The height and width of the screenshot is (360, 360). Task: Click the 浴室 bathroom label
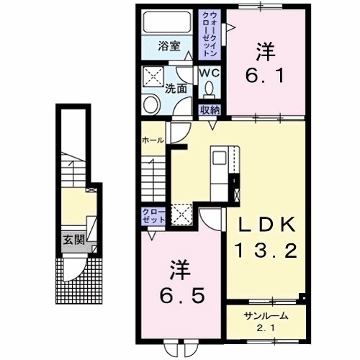tap(169, 45)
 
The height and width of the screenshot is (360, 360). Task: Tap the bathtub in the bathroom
tap(168, 22)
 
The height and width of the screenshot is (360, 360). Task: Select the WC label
tap(210, 73)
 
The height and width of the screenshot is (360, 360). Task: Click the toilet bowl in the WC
tap(210, 89)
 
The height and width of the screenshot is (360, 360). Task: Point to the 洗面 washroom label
tap(176, 89)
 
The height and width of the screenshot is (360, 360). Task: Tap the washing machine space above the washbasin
tap(153, 76)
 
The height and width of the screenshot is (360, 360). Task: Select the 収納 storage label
tap(210, 110)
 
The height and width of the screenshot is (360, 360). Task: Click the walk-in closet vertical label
tap(210, 35)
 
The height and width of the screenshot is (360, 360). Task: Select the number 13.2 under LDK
tap(266, 250)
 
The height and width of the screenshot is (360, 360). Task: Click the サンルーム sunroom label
tap(266, 316)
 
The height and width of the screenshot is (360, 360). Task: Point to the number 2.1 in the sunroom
tap(266, 328)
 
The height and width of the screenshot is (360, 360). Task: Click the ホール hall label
tap(153, 140)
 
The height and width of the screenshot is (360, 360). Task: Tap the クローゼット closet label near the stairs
tap(153, 216)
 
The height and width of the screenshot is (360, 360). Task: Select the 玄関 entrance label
tap(74, 239)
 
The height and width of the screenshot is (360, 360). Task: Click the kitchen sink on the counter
tap(220, 158)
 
